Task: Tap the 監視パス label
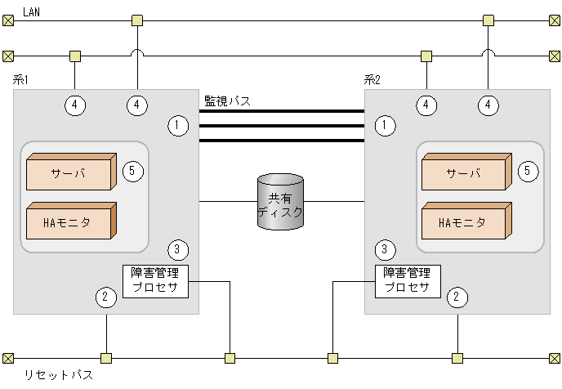click(227, 101)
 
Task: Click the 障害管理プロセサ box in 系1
click(155, 280)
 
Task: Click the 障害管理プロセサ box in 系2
click(408, 280)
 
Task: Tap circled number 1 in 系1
click(177, 125)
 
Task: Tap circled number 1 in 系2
click(385, 125)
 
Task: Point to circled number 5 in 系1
click(133, 171)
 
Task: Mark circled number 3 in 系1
click(177, 248)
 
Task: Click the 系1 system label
click(21, 79)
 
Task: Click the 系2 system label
click(372, 79)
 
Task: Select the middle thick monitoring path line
click(281, 126)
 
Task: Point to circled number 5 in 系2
click(529, 171)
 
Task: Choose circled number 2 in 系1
click(104, 297)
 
